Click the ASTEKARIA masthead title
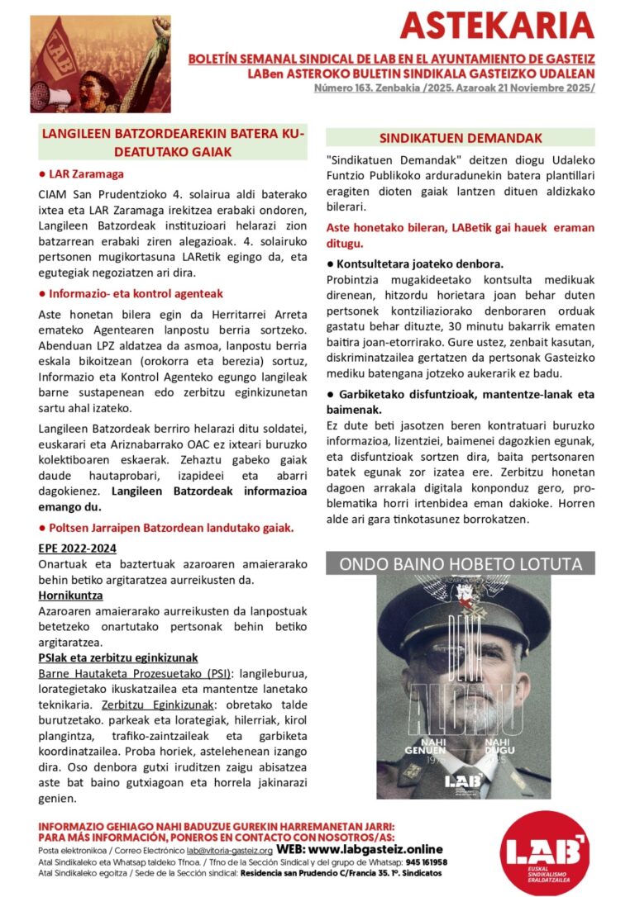(x=497, y=26)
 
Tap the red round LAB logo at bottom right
(x=547, y=851)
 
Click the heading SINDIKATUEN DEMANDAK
(x=461, y=138)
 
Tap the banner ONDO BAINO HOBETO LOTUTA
(x=461, y=564)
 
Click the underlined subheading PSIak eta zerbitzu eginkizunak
(x=118, y=657)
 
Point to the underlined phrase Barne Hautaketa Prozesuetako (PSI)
(x=132, y=673)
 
